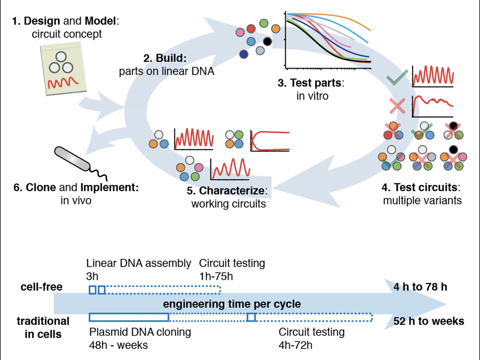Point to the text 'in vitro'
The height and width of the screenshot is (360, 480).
click(x=310, y=96)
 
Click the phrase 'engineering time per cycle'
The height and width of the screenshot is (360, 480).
click(x=232, y=304)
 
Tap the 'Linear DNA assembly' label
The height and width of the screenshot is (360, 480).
click(x=139, y=263)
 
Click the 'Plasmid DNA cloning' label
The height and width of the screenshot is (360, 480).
click(x=140, y=332)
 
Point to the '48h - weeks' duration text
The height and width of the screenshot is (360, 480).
click(x=118, y=345)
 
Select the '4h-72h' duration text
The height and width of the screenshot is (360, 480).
click(x=296, y=345)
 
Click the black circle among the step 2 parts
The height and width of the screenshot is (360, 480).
click(x=268, y=42)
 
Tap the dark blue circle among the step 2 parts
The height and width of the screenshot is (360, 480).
click(x=243, y=54)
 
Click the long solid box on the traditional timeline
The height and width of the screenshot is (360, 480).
click(x=129, y=317)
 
